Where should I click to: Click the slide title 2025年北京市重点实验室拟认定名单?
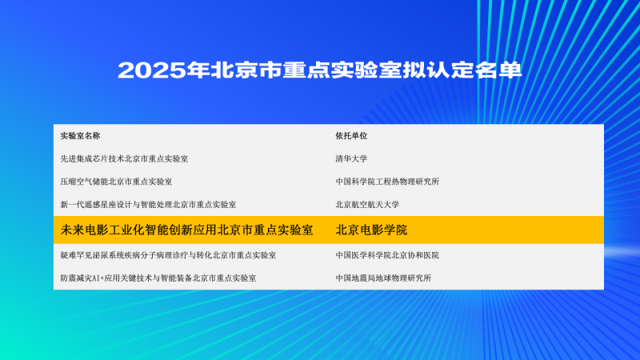[320, 70]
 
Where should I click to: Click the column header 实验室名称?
[80, 136]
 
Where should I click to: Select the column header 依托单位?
[351, 136]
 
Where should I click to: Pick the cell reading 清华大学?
[351, 158]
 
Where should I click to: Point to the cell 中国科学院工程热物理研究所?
[387, 182]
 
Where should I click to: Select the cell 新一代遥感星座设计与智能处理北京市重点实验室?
[148, 206]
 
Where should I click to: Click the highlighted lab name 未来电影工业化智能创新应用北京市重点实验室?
[186, 230]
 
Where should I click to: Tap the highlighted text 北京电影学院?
[371, 230]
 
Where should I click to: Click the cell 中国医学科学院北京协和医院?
[387, 255]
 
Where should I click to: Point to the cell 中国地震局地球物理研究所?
[383, 278]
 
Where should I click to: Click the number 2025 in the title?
[150, 70]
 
